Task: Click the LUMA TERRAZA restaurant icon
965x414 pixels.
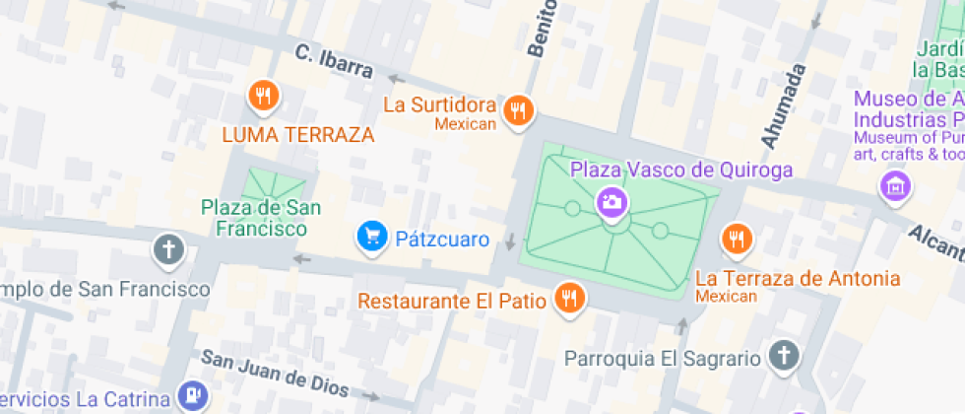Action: click(262, 96)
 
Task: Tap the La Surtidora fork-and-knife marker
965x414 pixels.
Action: click(518, 110)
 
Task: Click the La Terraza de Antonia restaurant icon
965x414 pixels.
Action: click(736, 238)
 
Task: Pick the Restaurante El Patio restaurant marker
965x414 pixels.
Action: click(568, 296)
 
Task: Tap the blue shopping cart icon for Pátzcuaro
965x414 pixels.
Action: click(371, 236)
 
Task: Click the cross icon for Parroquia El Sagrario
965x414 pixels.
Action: click(784, 356)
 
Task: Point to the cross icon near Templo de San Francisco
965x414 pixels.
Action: click(169, 248)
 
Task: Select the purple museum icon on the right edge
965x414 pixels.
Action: click(895, 184)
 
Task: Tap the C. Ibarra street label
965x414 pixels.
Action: click(334, 61)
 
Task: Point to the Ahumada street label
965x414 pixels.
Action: click(783, 104)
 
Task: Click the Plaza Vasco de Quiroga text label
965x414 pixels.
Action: click(681, 171)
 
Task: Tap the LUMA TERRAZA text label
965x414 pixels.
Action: click(298, 135)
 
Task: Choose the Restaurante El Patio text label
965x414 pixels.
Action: click(451, 301)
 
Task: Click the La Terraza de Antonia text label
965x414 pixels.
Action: click(798, 278)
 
